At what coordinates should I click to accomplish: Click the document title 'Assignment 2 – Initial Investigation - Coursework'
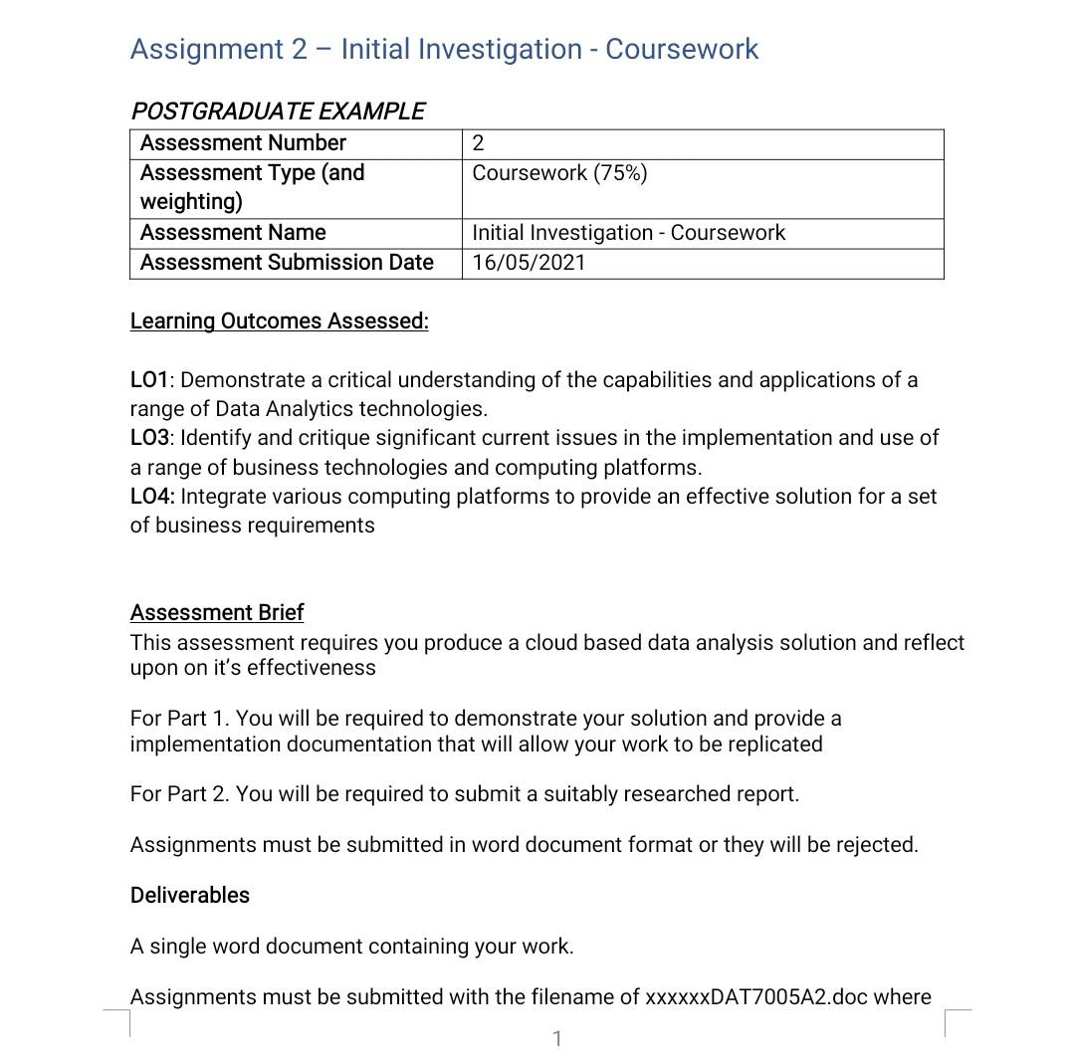point(444,49)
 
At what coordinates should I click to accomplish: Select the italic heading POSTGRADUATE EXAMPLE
point(278,111)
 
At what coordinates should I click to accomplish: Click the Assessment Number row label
point(243,143)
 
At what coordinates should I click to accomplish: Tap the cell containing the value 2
point(479,143)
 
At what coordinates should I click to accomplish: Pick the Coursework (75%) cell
point(559,173)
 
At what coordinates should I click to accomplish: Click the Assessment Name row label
point(233,233)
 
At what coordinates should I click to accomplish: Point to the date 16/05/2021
point(529,263)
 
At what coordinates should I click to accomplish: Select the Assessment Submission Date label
point(287,263)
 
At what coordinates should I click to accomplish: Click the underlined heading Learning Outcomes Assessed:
point(279,321)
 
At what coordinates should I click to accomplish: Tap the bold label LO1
point(150,380)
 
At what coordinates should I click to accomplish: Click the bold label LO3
point(150,438)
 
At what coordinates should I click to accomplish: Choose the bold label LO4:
point(152,497)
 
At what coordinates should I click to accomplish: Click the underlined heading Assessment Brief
point(216,613)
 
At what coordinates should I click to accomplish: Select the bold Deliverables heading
point(189,896)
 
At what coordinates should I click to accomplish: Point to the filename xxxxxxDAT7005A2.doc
point(755,997)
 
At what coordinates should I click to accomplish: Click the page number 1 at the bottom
point(557,1039)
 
